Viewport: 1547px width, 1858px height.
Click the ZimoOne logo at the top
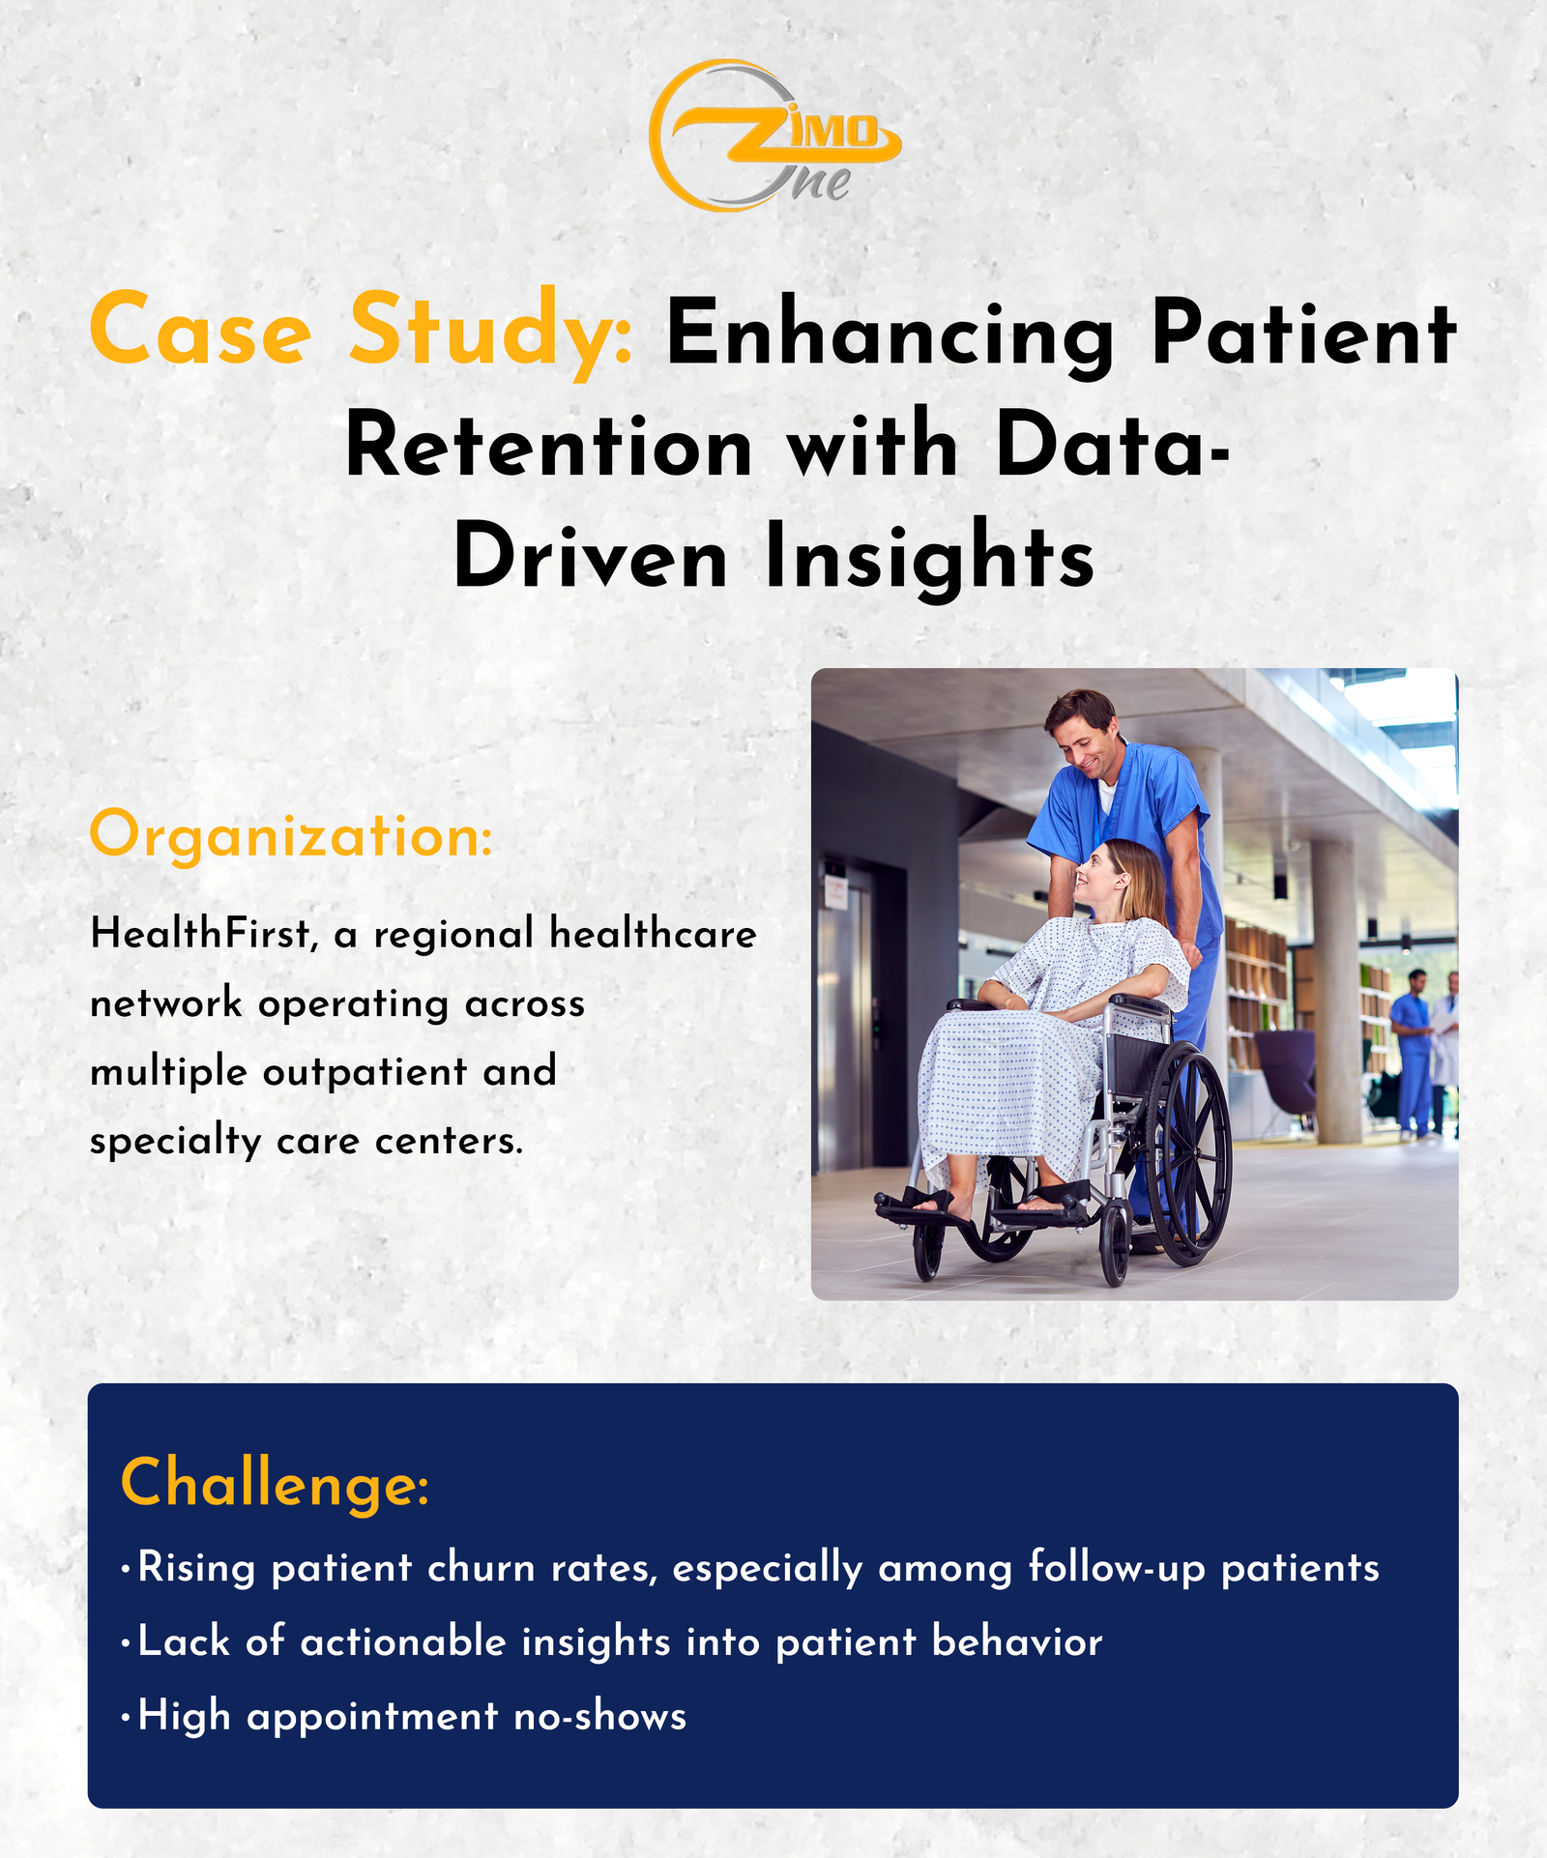(x=774, y=135)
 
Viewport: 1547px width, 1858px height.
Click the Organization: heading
(x=291, y=835)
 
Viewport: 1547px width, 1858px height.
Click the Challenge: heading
(x=275, y=1483)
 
